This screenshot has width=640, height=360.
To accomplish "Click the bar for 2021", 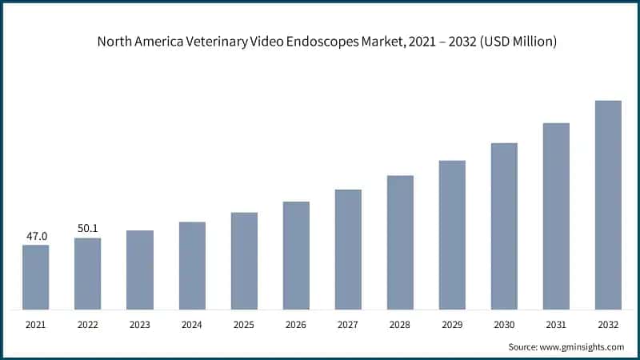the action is coord(35,277).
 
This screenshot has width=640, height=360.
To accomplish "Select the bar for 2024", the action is coord(192,266).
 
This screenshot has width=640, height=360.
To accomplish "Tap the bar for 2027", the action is coord(348,250).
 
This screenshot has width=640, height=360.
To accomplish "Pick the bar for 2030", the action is coord(504,226).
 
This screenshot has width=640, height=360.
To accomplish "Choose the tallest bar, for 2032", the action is coord(608,205).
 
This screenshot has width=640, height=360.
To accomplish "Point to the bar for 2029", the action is coord(452,235).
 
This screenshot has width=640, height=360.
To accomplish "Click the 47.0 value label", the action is coord(37,236).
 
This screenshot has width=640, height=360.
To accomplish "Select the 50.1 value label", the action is coord(88,228).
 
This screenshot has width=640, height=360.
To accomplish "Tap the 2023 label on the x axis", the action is coord(139,325).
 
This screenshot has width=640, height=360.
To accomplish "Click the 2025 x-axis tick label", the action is coord(244,325).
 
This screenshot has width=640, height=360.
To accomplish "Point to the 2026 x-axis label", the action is coord(295,325).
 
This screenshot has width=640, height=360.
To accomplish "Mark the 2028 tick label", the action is coord(399,325).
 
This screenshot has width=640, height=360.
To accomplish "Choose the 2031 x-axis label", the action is coord(556,325).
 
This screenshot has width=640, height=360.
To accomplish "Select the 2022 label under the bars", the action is coord(88,325).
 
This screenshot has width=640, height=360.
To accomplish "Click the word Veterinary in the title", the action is coord(217,42).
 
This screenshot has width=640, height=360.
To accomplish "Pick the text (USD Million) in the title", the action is coord(518,42).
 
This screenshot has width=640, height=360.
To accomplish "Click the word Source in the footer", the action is coord(523,347).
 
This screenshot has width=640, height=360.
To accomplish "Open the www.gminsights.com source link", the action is coord(582,347).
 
